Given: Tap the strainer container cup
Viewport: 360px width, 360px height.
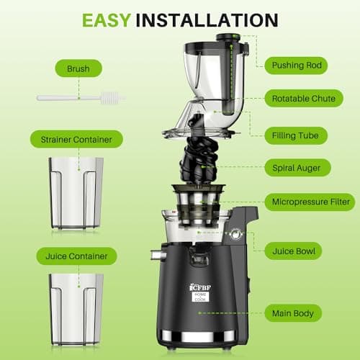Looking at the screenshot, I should coord(76,192).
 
